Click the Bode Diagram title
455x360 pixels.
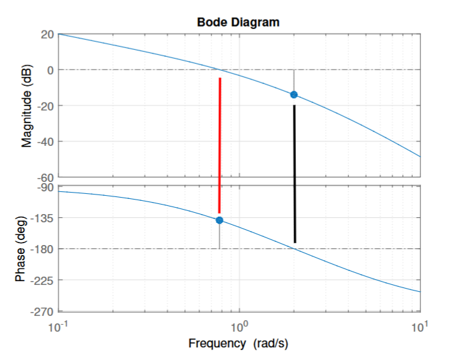238,21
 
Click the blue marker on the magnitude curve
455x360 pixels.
293,95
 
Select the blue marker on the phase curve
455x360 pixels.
220,220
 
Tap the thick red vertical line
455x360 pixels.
220,145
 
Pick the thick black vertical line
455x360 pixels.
295,174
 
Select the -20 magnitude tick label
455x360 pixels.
45,105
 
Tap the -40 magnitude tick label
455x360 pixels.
45,141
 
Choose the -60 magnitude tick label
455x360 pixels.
45,177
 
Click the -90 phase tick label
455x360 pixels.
45,188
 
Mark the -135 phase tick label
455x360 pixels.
43,219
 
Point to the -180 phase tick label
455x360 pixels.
43,249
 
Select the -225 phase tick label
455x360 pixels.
43,280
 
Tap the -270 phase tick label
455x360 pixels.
43,311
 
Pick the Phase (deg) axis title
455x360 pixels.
20,249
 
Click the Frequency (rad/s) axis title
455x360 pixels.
239,344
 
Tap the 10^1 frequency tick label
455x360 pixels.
419,327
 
